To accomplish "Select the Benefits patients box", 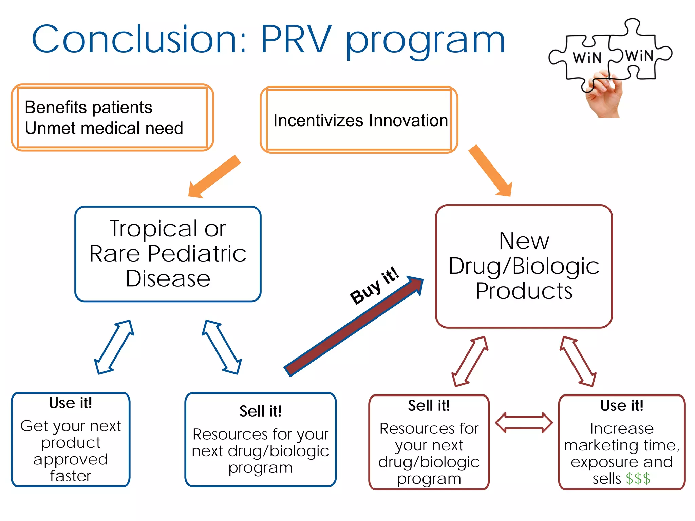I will tap(112, 117).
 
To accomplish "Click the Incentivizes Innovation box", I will tap(359, 120).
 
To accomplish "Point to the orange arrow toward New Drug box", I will tap(491, 171).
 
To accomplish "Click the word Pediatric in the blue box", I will tap(197, 254).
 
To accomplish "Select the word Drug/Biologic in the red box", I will tap(524, 266).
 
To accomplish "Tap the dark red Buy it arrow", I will tap(353, 327).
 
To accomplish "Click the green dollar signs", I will tap(638, 479).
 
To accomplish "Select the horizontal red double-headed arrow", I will tap(524, 423).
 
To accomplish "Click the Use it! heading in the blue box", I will tap(71, 403).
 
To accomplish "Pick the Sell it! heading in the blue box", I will tap(260, 411).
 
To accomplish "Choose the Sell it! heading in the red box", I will tap(429, 406).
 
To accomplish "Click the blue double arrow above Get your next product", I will tap(114, 347).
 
